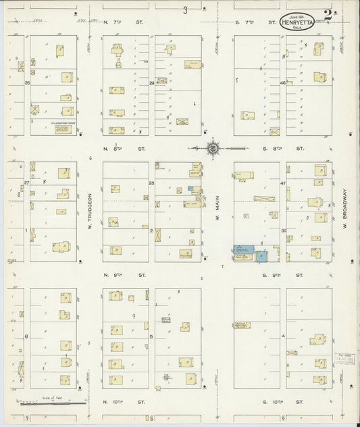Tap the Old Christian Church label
click(x=56, y=123)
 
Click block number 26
click(x=28, y=82)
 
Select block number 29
click(x=152, y=82)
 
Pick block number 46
click(x=282, y=82)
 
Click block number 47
click(x=284, y=183)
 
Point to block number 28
click(x=152, y=183)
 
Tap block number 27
click(x=28, y=183)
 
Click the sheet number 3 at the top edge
click(x=184, y=9)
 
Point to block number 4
click(x=284, y=336)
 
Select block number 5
click(x=151, y=336)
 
